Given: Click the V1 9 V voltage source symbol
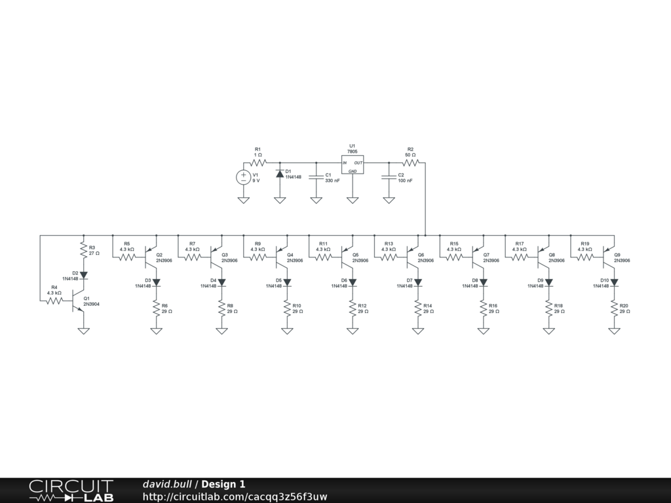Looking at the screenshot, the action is [x=243, y=176].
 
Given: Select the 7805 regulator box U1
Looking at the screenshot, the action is [x=352, y=164].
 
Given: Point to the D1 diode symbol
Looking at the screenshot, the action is [x=280, y=174].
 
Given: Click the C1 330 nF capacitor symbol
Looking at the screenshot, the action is [x=316, y=176].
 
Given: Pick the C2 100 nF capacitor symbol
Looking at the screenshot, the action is [x=389, y=176].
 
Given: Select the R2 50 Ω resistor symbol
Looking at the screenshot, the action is [x=410, y=162].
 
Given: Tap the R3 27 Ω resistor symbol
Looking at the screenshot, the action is [x=83, y=250].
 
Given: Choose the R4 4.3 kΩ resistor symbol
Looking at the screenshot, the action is [x=54, y=301].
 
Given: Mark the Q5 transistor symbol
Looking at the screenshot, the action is [x=347, y=257].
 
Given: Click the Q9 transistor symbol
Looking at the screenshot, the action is [x=609, y=257].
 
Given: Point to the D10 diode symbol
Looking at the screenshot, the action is [x=615, y=283].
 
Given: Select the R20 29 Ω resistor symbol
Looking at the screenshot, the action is [x=615, y=308].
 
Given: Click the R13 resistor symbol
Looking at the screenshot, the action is [x=389, y=257].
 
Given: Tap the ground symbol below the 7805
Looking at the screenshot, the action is [x=352, y=199].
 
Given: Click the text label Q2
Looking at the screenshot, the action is [x=159, y=254].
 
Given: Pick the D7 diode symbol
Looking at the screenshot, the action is [x=418, y=283].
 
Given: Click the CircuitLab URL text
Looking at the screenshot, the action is [x=235, y=496].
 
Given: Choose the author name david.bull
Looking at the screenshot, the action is [x=167, y=484].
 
